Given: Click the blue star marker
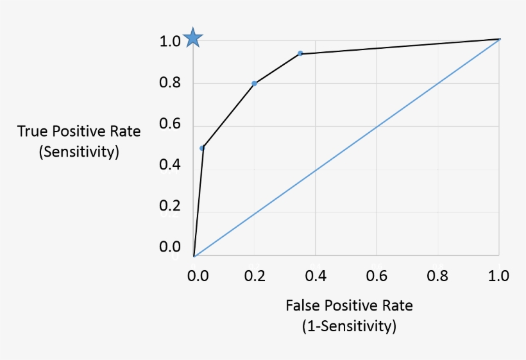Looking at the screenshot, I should [x=193, y=39].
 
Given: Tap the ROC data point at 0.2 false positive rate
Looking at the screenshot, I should [x=255, y=83].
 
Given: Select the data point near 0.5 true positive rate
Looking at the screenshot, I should [x=202, y=148].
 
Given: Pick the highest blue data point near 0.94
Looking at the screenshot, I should [x=300, y=53].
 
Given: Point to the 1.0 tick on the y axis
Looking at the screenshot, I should [x=170, y=42].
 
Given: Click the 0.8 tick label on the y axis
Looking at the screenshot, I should [x=170, y=83].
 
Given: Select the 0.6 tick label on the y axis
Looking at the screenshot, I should [x=170, y=124].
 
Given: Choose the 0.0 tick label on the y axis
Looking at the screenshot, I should [x=170, y=247].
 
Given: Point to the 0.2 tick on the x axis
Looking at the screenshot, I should [x=255, y=276].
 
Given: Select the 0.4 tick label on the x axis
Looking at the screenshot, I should [x=316, y=276].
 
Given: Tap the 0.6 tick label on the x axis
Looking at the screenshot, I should [x=377, y=276].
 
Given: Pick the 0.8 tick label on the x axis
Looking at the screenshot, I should [x=438, y=276].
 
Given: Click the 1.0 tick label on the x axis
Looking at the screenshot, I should [x=498, y=276].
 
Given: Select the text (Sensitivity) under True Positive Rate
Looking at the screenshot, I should [x=79, y=153].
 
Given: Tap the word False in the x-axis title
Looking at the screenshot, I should [x=301, y=305].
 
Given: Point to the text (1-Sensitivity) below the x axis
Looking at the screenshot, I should [x=349, y=326].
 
